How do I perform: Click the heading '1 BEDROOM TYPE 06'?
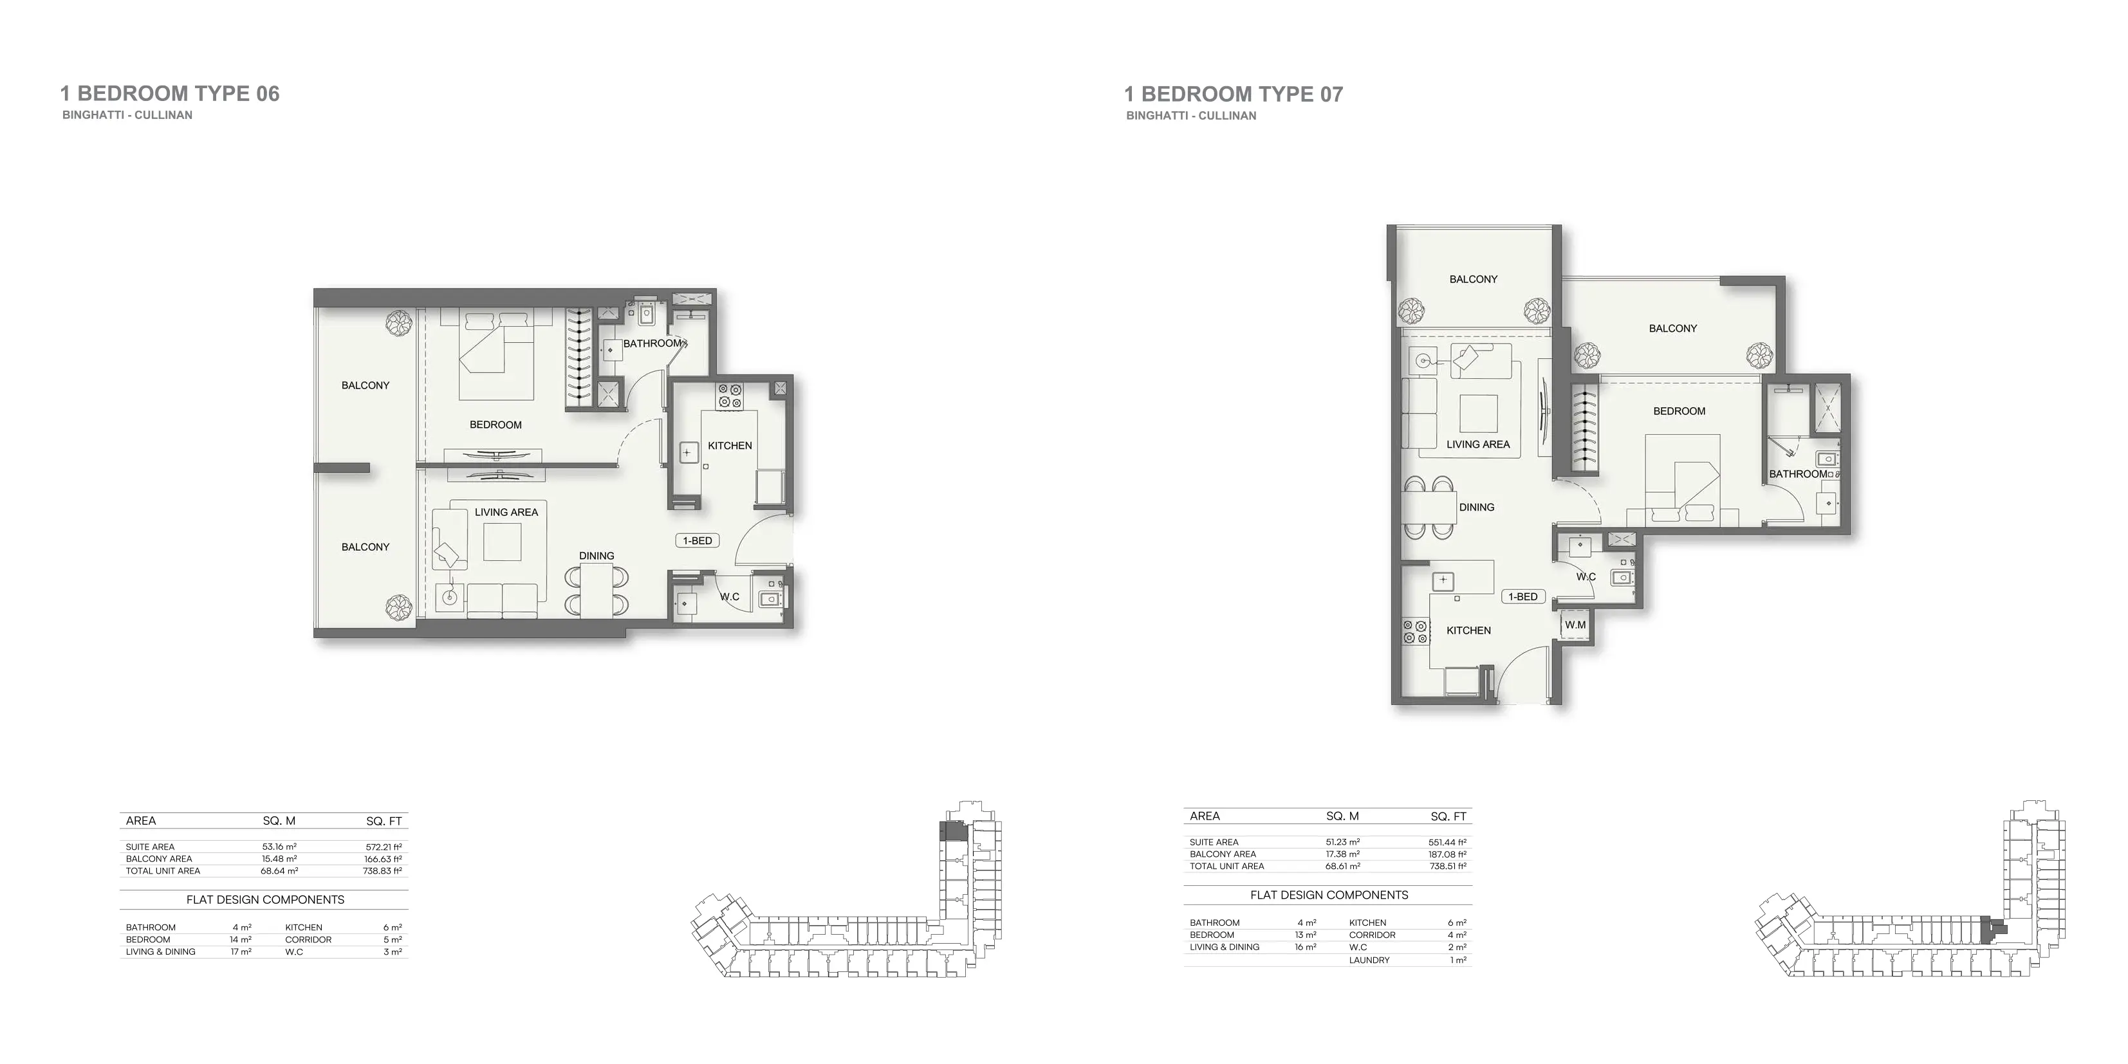pyautogui.click(x=170, y=93)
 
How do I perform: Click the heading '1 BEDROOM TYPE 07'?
pyautogui.click(x=1234, y=94)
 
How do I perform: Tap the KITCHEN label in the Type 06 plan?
pyautogui.click(x=730, y=445)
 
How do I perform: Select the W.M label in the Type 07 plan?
pyautogui.click(x=1575, y=625)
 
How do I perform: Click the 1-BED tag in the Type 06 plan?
pyautogui.click(x=698, y=540)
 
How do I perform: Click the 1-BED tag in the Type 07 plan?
pyautogui.click(x=1522, y=596)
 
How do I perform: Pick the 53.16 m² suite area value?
pyautogui.click(x=279, y=847)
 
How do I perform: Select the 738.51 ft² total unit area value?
pyautogui.click(x=1447, y=867)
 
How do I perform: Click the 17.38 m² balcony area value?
pyautogui.click(x=1342, y=854)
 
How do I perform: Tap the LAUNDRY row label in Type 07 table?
pyautogui.click(x=1369, y=960)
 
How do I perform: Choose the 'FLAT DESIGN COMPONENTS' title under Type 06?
pyautogui.click(x=265, y=899)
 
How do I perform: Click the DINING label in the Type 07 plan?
pyautogui.click(x=1476, y=507)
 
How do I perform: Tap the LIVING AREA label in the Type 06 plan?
pyautogui.click(x=506, y=512)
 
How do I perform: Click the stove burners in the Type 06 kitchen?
pyautogui.click(x=730, y=396)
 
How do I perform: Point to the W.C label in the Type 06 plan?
pyautogui.click(x=728, y=596)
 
